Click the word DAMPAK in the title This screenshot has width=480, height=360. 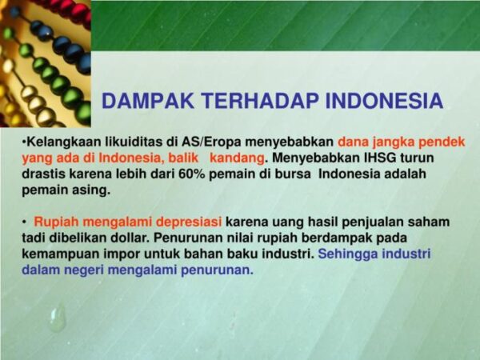[x=148, y=101]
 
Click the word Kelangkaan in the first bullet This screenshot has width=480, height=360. [x=64, y=142]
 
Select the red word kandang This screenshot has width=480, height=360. [x=237, y=158]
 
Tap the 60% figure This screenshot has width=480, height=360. [x=192, y=174]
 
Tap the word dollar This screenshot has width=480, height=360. [x=130, y=238]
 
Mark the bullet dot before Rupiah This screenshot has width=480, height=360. [x=24, y=222]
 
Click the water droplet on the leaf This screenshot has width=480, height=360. [x=58, y=318]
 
